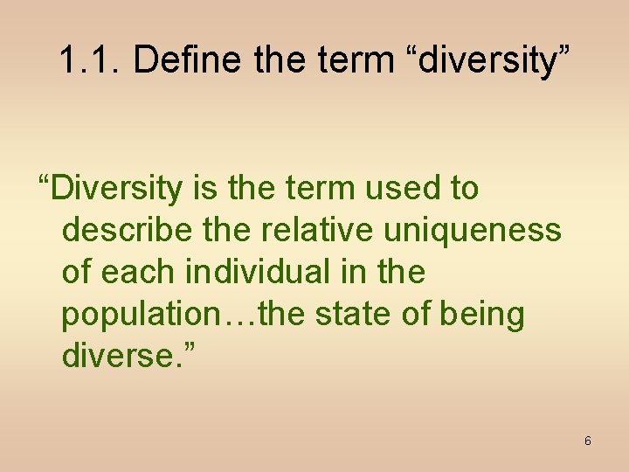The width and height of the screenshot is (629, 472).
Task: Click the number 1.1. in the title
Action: click(92, 60)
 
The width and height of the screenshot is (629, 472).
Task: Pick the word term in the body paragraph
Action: click(310, 188)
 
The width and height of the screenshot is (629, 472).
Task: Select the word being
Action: click(481, 315)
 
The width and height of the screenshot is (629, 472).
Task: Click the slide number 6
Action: click(587, 441)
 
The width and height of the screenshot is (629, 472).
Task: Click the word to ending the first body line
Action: click(463, 188)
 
